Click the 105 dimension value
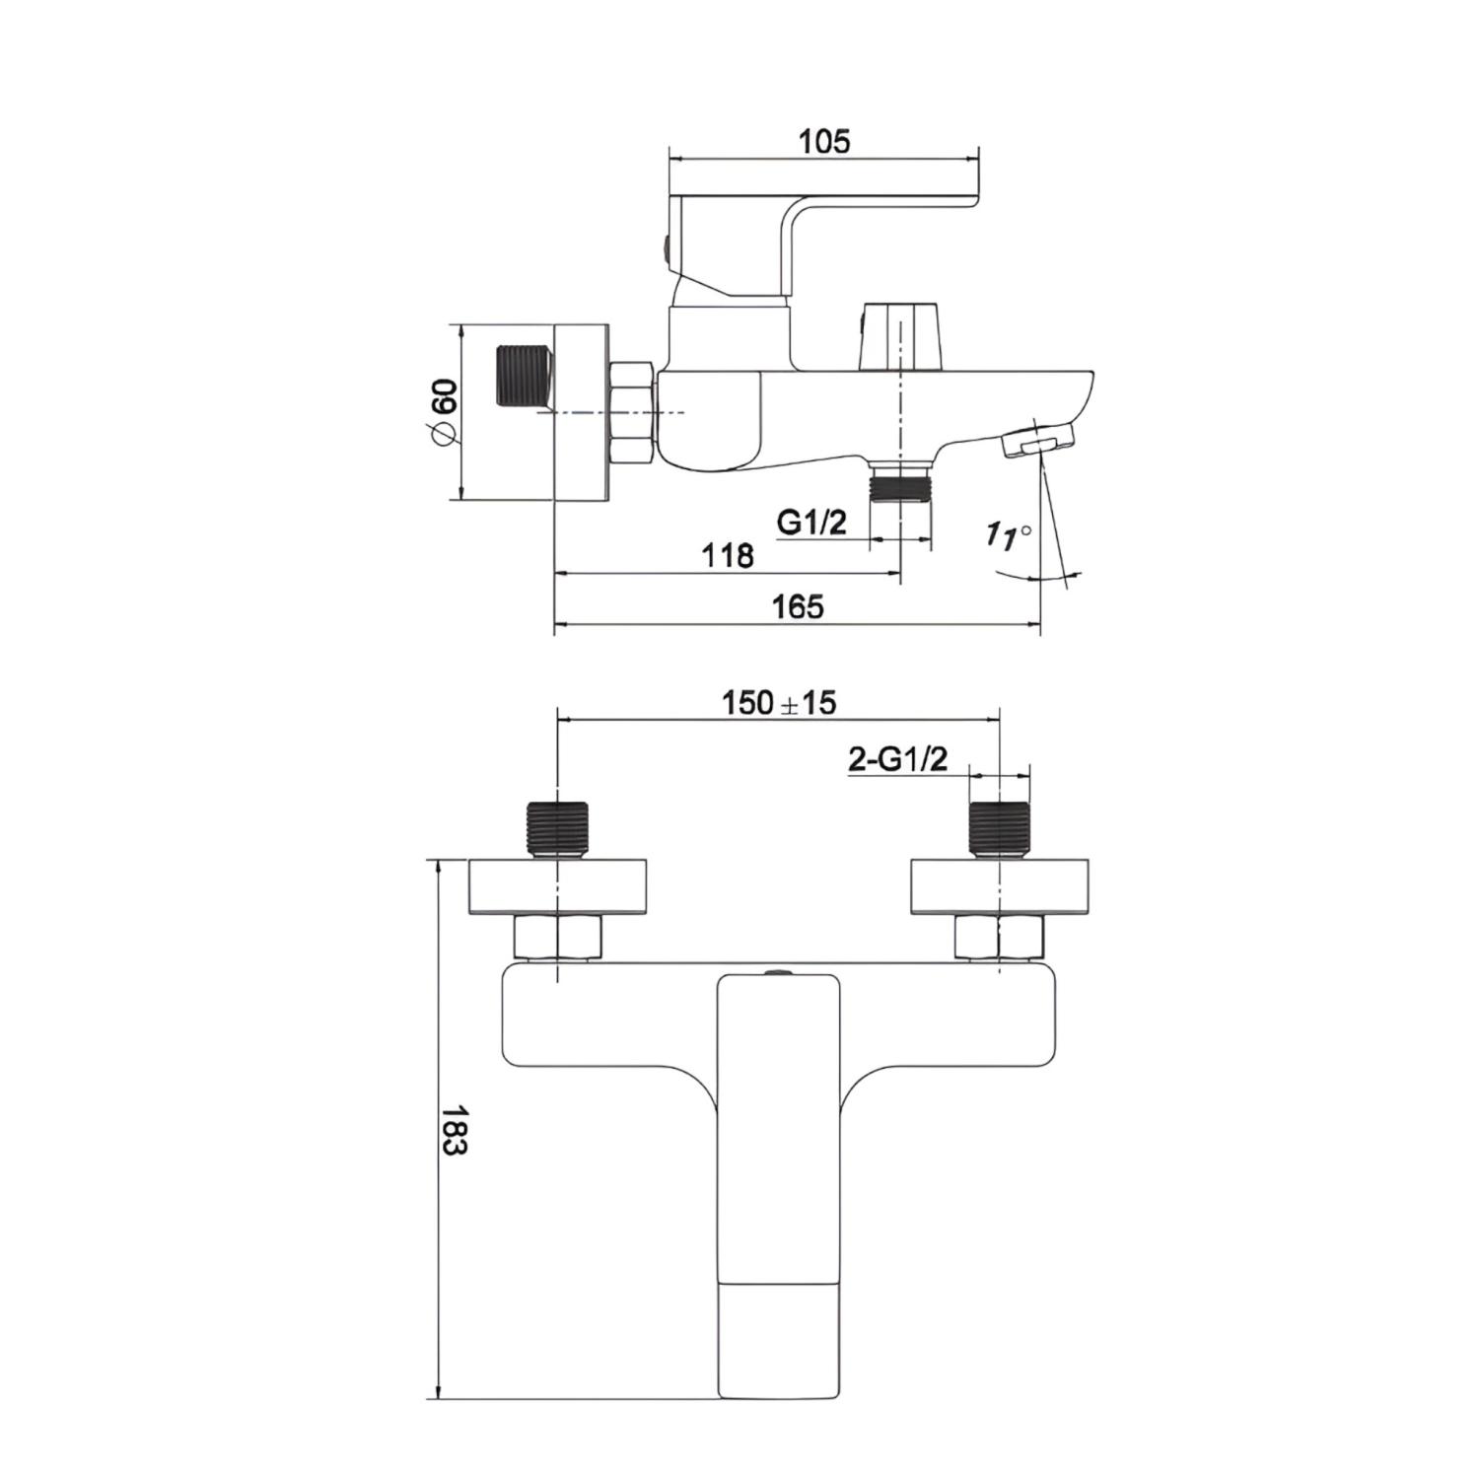(823, 141)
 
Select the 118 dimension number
(728, 556)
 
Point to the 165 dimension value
(797, 606)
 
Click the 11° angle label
(1009, 535)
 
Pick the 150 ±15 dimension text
(779, 703)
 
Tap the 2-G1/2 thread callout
(897, 759)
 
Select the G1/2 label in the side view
(811, 522)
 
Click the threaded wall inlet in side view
(523, 377)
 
